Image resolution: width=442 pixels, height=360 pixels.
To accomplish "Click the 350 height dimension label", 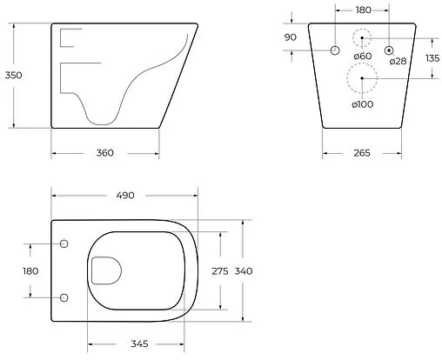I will point(12,75).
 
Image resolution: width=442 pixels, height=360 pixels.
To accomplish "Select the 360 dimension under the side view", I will point(104,153).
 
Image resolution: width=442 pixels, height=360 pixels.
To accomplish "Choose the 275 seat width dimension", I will point(220,271).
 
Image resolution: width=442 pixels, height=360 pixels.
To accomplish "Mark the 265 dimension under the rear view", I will point(362,153).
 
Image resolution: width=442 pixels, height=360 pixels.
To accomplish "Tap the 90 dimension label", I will point(291,37).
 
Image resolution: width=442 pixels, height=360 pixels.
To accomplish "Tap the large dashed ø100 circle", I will point(363,81).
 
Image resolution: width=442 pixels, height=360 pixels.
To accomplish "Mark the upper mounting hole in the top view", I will point(64,243).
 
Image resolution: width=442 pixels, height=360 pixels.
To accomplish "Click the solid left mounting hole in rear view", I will point(335,50).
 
